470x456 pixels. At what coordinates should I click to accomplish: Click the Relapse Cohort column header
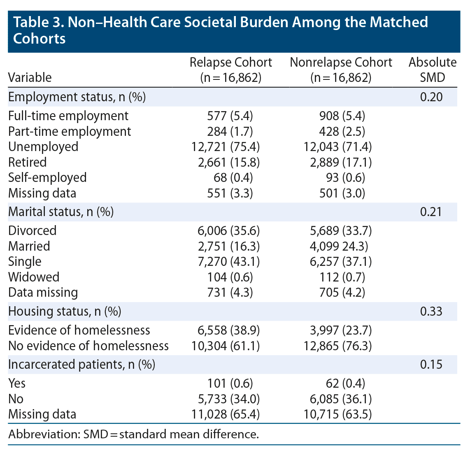[x=230, y=70]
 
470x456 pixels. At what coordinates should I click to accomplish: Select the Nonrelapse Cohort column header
[x=341, y=70]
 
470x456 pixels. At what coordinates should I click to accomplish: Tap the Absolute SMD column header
[x=432, y=70]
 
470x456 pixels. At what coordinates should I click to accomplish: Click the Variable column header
[x=30, y=77]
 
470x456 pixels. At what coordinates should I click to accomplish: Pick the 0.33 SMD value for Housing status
[x=431, y=311]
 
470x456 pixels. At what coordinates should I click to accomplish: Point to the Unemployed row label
[x=43, y=147]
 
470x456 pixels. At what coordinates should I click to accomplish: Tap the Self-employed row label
[x=47, y=178]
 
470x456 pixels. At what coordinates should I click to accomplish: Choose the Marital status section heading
[x=61, y=212]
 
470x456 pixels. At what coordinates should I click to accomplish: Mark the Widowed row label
[x=34, y=277]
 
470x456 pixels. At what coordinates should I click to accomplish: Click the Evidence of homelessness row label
[x=79, y=330]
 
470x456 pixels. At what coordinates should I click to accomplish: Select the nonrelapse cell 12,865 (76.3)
[x=338, y=346]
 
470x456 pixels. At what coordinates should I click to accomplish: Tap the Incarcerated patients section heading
[x=81, y=365]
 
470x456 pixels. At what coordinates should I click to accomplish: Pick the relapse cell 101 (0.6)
[x=230, y=384]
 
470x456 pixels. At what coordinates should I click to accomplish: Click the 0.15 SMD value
[x=431, y=365]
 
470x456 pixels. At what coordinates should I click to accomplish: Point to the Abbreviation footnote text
[x=133, y=435]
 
